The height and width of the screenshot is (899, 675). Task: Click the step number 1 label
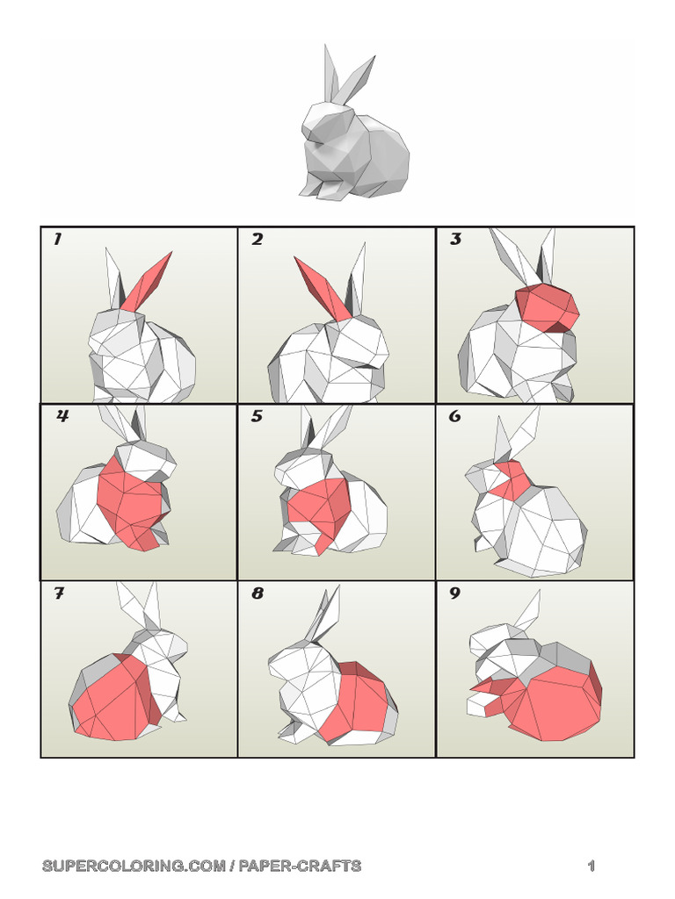[x=57, y=240]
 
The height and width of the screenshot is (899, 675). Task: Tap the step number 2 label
[x=257, y=240]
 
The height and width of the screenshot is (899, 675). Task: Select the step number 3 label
[x=455, y=240]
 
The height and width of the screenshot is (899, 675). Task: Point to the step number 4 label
[x=62, y=417]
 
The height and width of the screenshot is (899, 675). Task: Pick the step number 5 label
[x=257, y=417]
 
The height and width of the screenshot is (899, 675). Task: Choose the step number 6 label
[x=454, y=417]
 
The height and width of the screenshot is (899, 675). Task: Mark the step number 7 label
[x=59, y=594]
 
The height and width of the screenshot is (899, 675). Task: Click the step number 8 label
[x=257, y=594]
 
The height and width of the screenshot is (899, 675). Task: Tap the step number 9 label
[x=454, y=594]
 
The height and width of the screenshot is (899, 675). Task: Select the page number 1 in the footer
[x=592, y=867]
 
